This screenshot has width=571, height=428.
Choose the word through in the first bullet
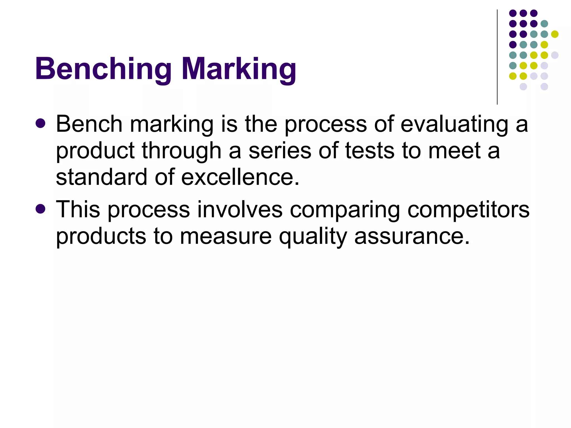(182, 151)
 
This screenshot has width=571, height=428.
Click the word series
(280, 151)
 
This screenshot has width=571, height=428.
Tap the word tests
(370, 151)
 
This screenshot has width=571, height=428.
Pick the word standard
(101, 177)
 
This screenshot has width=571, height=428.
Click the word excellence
(240, 177)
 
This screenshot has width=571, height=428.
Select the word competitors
(468, 209)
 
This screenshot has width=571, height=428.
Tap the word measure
(226, 236)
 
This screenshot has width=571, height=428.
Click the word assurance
(412, 236)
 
